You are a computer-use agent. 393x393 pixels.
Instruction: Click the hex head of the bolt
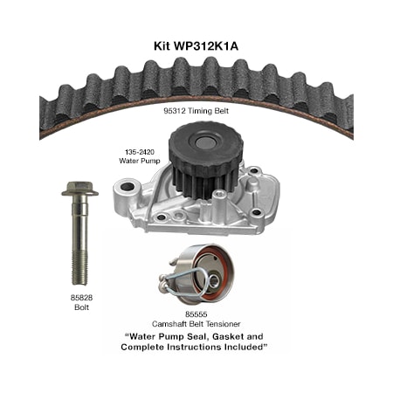tap(78, 188)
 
